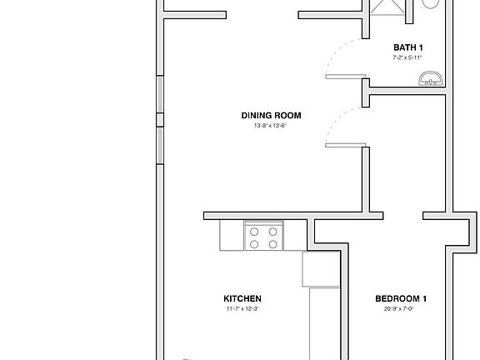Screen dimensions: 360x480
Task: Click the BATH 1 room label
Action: click(x=409, y=48)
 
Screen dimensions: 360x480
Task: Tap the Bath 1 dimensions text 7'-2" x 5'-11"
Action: click(x=409, y=58)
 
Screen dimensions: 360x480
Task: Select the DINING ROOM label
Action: click(x=271, y=116)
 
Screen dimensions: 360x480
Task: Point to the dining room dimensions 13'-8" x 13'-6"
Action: click(x=271, y=126)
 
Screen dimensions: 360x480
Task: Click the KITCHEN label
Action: click(x=242, y=298)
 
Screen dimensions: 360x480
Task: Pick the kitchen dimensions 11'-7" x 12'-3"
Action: click(x=242, y=309)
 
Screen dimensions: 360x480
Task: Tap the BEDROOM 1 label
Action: click(x=401, y=298)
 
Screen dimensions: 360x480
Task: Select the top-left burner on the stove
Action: click(x=255, y=232)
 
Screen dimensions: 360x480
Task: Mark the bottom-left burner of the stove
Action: click(x=255, y=244)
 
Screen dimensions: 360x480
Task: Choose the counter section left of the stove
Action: click(x=232, y=235)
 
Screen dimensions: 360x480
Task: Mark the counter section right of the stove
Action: click(x=295, y=235)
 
